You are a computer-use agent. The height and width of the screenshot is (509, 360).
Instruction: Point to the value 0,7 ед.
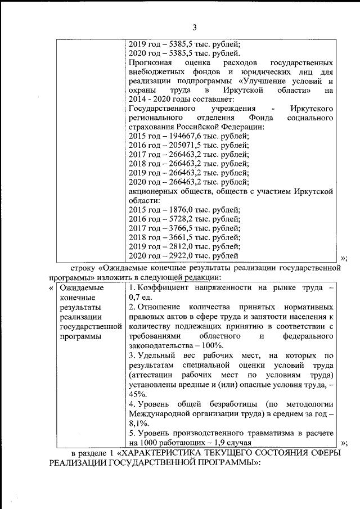click(138, 298)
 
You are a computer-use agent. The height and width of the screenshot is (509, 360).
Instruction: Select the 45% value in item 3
click(137, 395)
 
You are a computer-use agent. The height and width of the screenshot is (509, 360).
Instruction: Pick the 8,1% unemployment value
click(138, 423)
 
